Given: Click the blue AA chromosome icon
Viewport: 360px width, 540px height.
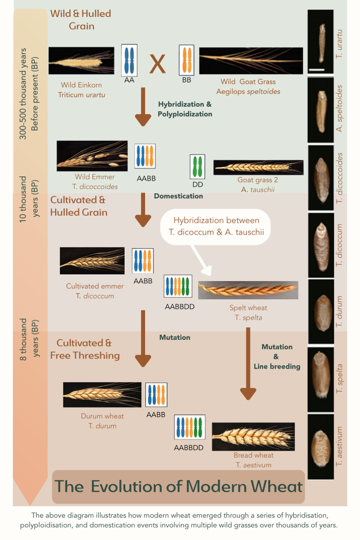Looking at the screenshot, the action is (129, 60).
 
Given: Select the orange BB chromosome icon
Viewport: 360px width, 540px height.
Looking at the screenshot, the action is (186, 60).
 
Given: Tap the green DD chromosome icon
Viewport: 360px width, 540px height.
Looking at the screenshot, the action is (197, 166).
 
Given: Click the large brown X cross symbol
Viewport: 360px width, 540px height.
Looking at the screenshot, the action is (157, 64).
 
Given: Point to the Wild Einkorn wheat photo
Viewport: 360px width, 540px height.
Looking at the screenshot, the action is (81, 60).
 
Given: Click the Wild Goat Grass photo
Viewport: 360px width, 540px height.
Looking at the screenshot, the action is (251, 60).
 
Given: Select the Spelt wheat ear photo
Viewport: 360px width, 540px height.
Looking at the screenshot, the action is (248, 290).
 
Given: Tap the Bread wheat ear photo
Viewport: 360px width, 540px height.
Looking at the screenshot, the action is (253, 436).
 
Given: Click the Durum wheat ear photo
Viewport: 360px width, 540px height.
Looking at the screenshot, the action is (102, 394).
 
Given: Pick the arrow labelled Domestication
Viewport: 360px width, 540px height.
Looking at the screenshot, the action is (143, 209).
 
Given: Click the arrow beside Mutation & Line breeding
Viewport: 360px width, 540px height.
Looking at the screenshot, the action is (248, 363).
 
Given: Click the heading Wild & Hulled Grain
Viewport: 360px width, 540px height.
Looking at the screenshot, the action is (81, 19).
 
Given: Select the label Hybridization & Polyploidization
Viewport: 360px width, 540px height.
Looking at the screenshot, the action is (185, 109).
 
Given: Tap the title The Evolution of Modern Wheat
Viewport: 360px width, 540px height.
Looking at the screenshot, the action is (178, 486).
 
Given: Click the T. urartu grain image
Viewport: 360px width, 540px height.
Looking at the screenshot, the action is (320, 42).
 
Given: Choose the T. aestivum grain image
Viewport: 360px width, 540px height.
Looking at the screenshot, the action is (320, 446).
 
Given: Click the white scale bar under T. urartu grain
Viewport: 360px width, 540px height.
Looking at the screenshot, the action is (316, 69).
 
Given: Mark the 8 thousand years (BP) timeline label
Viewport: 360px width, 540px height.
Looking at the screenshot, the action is (29, 339).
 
